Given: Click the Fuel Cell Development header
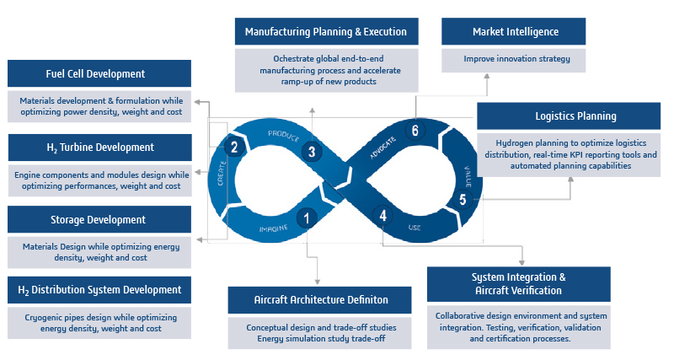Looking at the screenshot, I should tap(99, 74).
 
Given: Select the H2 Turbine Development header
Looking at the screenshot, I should tap(99, 148).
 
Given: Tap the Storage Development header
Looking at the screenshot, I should tap(99, 220).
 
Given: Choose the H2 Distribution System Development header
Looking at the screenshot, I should tap(99, 290).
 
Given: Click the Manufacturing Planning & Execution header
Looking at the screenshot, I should tap(325, 32).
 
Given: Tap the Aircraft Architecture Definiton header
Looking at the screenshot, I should tap(320, 300).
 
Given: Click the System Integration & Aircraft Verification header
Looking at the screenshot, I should tap(518, 283).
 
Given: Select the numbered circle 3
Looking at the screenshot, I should tap(312, 152).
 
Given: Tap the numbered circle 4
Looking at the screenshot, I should tap(383, 216).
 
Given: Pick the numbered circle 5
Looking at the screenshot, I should tap(462, 200).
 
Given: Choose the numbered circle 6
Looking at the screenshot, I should tap(414, 130).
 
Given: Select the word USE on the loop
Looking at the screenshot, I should tap(415, 228).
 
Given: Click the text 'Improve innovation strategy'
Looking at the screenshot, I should tap(516, 59).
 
